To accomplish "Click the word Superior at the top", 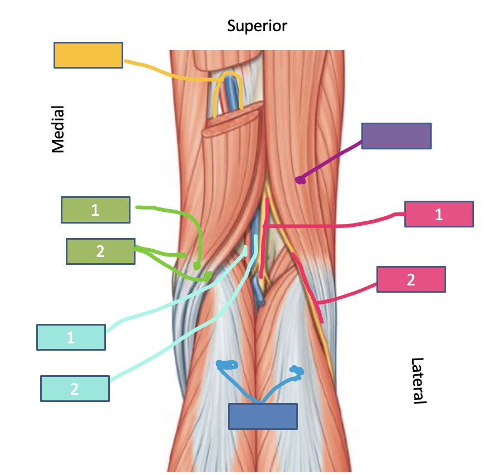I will tap(257, 26).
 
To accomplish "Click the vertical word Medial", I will tap(58, 129).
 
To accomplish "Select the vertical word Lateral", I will tap(418, 381).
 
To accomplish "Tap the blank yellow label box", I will tap(88, 55).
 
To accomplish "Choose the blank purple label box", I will tap(396, 136).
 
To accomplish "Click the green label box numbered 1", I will tap(95, 210).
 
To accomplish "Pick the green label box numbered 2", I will tap(100, 251).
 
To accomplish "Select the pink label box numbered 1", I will tap(438, 215).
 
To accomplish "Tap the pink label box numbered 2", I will tap(411, 279).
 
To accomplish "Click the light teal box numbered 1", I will tap(71, 337).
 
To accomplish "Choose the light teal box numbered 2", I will tap(75, 389).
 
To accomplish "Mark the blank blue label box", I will tap(263, 416).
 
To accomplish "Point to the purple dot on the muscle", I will tap(300, 180).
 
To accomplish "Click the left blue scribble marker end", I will tap(227, 365).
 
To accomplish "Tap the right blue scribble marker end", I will tap(296, 371).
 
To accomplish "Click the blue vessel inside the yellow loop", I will tap(230, 95).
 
